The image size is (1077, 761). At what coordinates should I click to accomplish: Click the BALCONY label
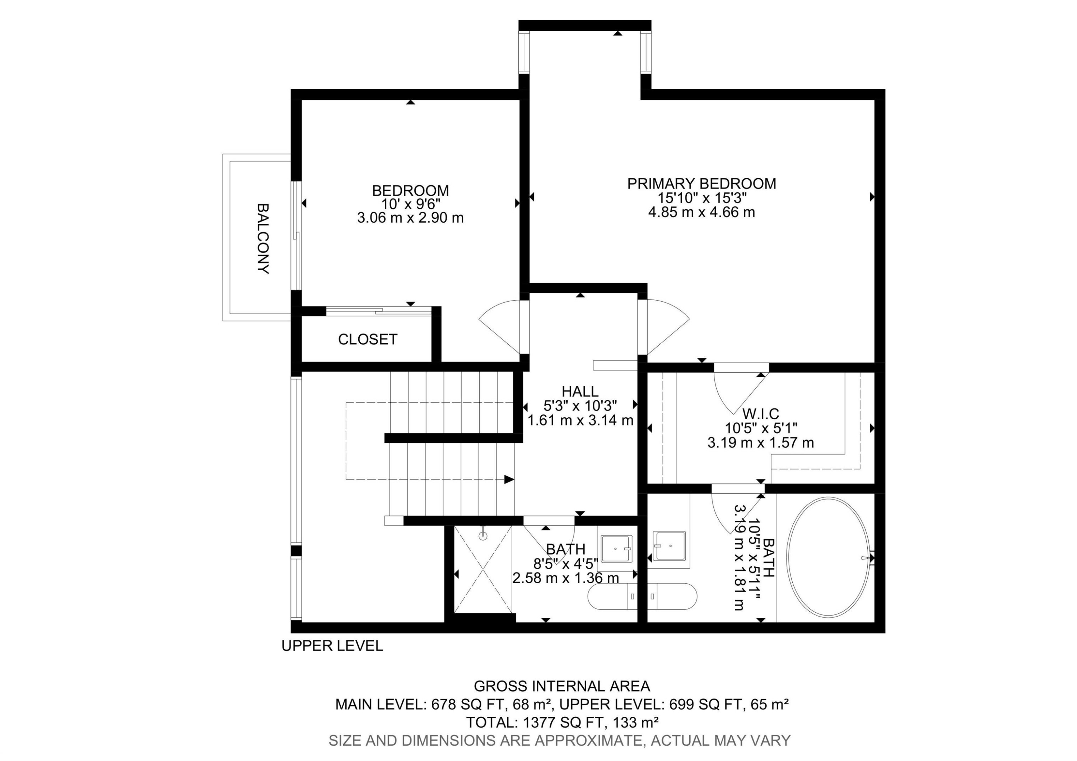[x=263, y=238]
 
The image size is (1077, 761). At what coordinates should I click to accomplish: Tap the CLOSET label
[x=368, y=339]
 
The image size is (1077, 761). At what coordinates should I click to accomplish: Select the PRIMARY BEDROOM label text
[x=701, y=184]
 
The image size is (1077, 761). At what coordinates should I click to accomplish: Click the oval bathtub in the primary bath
[x=827, y=557]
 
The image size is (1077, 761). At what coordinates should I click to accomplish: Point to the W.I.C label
[x=760, y=414]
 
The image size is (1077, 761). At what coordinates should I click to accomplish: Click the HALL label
[x=580, y=391]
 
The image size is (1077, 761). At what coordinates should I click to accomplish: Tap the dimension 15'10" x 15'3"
[x=701, y=198]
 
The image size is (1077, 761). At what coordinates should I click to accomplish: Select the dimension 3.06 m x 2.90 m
[x=410, y=218]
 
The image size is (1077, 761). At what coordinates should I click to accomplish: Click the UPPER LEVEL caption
[x=332, y=646]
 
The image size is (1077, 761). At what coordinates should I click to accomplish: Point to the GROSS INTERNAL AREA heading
[x=561, y=686]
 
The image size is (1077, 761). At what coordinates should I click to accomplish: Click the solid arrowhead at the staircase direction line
[x=509, y=479]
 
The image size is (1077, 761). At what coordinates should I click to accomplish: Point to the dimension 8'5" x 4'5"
[x=565, y=563]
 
